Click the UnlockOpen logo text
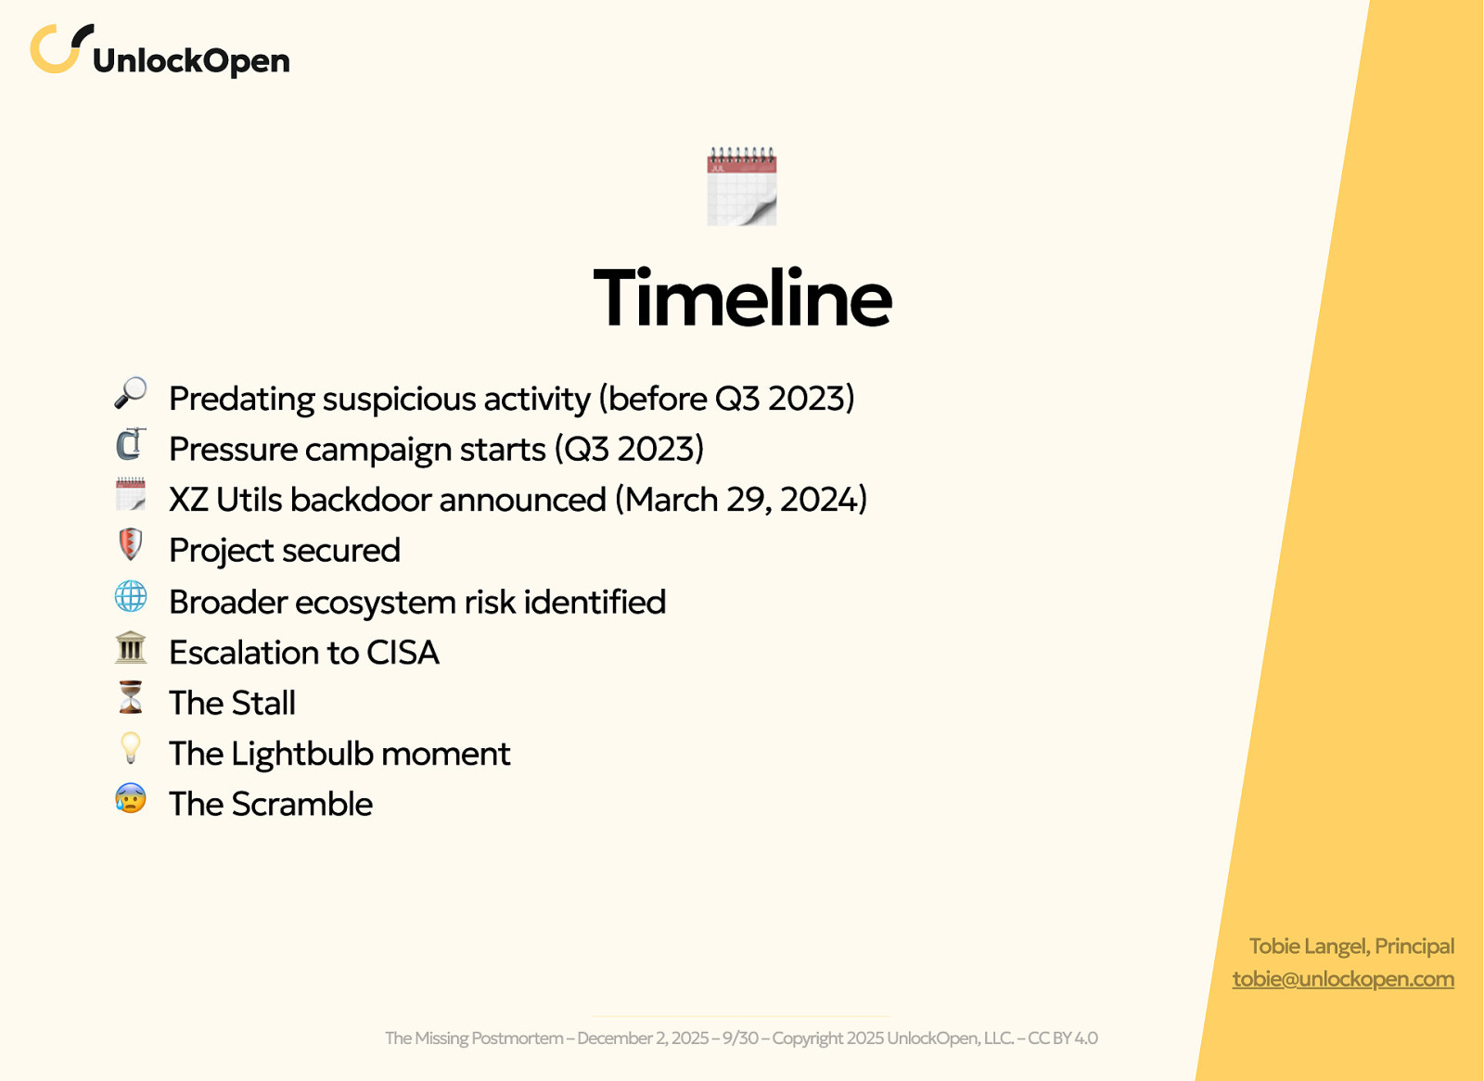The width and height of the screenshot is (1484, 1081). [191, 61]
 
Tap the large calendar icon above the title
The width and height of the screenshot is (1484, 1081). [741, 186]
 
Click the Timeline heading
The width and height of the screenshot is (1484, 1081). [742, 299]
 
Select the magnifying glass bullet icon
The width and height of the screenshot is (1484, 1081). [130, 394]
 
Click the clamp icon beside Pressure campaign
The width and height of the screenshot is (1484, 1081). [130, 445]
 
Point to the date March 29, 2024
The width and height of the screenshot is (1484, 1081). [740, 500]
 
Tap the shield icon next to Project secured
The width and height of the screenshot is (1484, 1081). [130, 545]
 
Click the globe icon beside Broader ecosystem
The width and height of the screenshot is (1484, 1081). [130, 597]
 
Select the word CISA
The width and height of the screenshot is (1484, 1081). [403, 653]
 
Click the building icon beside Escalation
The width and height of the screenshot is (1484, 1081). [130, 648]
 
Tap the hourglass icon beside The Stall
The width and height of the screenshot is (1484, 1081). [130, 698]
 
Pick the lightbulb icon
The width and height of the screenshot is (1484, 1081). [130, 748]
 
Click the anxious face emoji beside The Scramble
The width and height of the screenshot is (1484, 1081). [130, 798]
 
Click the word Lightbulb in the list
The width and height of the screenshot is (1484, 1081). [301, 754]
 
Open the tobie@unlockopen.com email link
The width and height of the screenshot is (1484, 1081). [1342, 979]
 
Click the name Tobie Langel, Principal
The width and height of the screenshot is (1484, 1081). [1350, 947]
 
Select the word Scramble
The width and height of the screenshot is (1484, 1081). [301, 805]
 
